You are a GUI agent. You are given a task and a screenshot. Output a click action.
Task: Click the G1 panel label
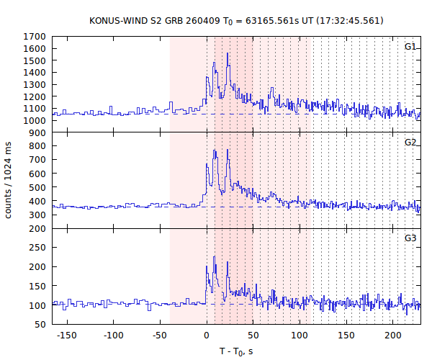410,47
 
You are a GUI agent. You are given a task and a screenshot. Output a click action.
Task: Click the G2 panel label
410,143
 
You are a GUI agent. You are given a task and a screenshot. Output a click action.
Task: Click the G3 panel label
410,238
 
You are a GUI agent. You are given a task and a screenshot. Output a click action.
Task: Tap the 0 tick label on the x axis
207,336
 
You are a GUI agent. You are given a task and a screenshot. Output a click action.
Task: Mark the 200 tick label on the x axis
393,336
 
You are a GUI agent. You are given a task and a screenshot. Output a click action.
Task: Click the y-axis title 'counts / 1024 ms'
10,180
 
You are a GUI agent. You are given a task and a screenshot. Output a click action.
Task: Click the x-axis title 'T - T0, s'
236,351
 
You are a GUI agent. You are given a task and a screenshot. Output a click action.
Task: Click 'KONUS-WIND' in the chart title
118,20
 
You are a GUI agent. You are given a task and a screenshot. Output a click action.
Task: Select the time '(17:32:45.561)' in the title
350,20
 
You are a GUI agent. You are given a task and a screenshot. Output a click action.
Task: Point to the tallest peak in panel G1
228,53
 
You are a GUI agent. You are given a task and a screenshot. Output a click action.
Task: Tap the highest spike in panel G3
214,257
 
